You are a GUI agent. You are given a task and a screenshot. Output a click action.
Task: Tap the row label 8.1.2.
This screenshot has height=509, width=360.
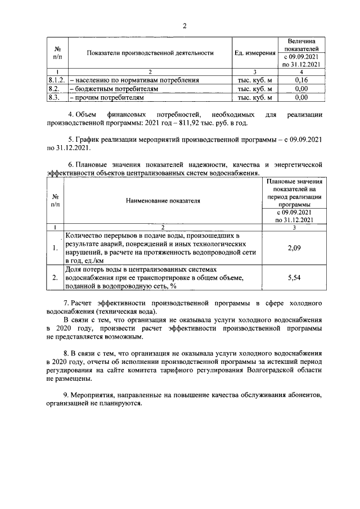[57, 80]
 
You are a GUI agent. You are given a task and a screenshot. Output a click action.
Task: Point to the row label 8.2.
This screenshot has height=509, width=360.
[55, 89]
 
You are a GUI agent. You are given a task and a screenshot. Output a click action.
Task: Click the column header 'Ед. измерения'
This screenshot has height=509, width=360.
[255, 53]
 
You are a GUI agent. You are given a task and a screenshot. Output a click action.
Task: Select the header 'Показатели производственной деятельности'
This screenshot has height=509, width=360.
[150, 53]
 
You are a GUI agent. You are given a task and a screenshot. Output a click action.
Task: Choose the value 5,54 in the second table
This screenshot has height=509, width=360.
[292, 278]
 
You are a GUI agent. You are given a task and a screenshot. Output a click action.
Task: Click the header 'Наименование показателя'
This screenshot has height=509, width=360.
[163, 200]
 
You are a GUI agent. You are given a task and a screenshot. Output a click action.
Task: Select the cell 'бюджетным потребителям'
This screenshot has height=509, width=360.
[107, 89]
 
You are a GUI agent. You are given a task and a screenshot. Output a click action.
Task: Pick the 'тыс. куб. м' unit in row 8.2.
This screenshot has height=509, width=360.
[255, 89]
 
